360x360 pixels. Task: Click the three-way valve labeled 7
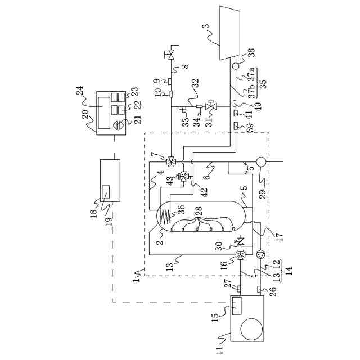pos(170,160)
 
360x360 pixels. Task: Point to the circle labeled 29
pos(260,159)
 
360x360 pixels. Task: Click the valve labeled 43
pos(183,177)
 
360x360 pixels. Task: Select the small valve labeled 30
pos(241,242)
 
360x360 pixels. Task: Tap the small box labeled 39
pos(236,127)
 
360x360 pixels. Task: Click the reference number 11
pos(219,349)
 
